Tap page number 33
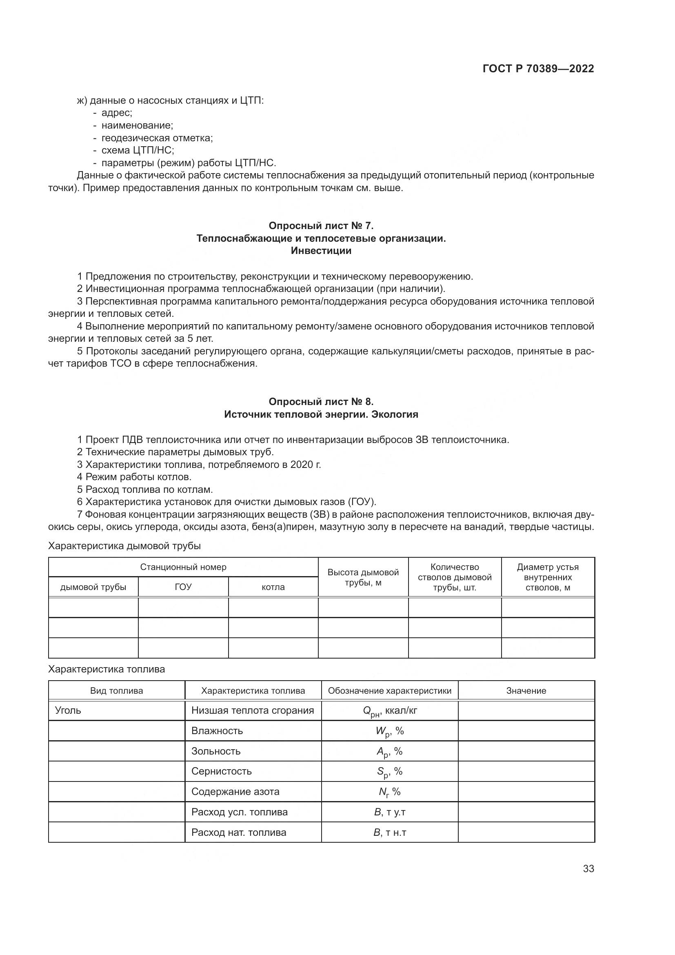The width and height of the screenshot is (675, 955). coord(588,869)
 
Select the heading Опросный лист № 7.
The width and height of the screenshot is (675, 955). coord(321,226)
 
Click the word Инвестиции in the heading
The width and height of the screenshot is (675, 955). coord(321,251)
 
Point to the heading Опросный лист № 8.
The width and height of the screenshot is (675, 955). coord(321,401)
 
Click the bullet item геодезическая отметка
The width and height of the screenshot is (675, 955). coord(157,138)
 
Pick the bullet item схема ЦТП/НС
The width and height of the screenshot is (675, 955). coord(138,150)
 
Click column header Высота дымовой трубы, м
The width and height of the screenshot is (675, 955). coord(363,577)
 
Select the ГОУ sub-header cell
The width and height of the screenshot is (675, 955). coord(183,587)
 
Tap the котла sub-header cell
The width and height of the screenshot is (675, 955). coord(273,587)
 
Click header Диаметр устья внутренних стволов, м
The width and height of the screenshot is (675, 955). coord(547,577)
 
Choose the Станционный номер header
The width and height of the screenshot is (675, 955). coord(183,568)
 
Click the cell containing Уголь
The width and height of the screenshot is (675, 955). coord(68,710)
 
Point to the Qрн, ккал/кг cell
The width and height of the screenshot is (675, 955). coord(389,711)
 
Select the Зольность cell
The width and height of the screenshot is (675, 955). coord(216,751)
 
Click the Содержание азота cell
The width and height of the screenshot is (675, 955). coord(235,792)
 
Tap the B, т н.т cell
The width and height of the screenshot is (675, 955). coord(389,832)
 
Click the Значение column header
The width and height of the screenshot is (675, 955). coord(526,691)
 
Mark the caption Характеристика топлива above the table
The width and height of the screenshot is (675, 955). coord(107,669)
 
